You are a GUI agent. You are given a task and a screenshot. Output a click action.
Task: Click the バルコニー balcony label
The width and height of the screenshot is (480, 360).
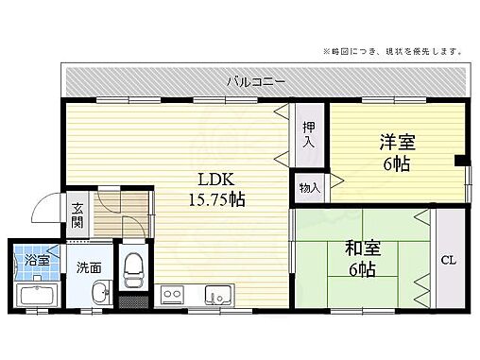(256, 81)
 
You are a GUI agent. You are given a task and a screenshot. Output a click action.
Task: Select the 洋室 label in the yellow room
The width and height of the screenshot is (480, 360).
(398, 142)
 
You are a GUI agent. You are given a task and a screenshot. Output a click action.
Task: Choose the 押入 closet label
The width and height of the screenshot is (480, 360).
(308, 135)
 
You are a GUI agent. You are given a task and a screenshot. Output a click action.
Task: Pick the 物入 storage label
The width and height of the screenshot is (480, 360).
(310, 186)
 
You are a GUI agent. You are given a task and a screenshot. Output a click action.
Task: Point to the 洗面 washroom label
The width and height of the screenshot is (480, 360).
(89, 267)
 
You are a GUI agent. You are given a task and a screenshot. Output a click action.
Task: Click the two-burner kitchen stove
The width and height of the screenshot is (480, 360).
(172, 295)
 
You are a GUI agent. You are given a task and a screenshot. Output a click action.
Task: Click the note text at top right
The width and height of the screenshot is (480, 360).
(393, 50)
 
